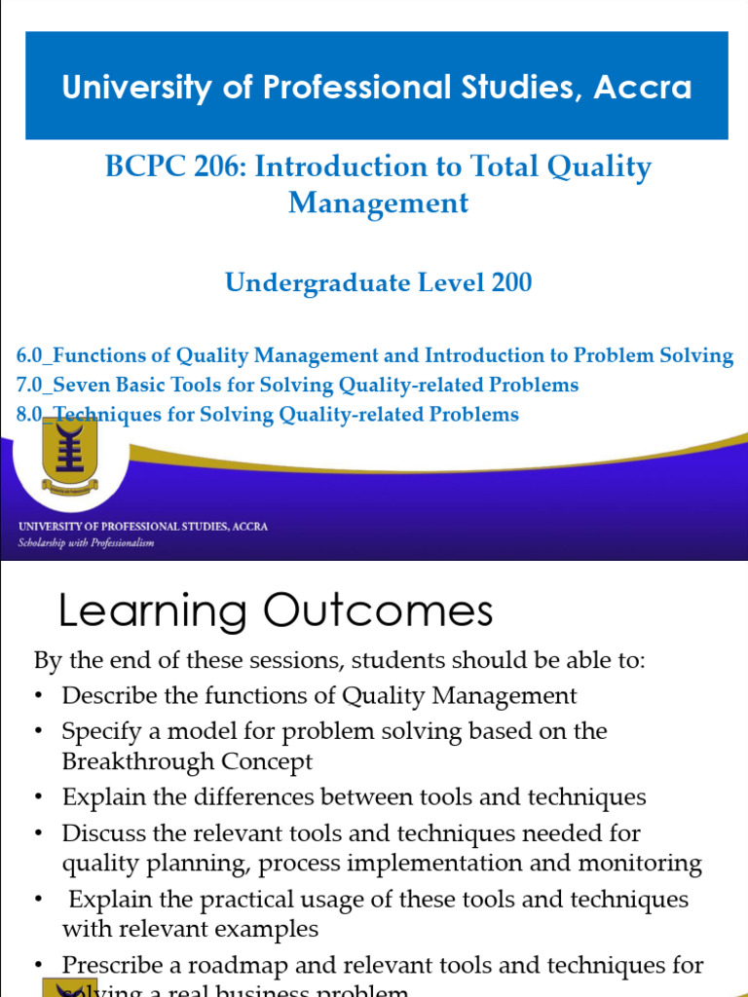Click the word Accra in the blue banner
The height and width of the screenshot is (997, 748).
point(642,88)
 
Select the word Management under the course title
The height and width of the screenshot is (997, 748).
point(378,203)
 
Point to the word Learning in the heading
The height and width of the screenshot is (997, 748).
point(153,612)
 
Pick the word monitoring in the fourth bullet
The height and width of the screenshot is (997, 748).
point(638,863)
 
